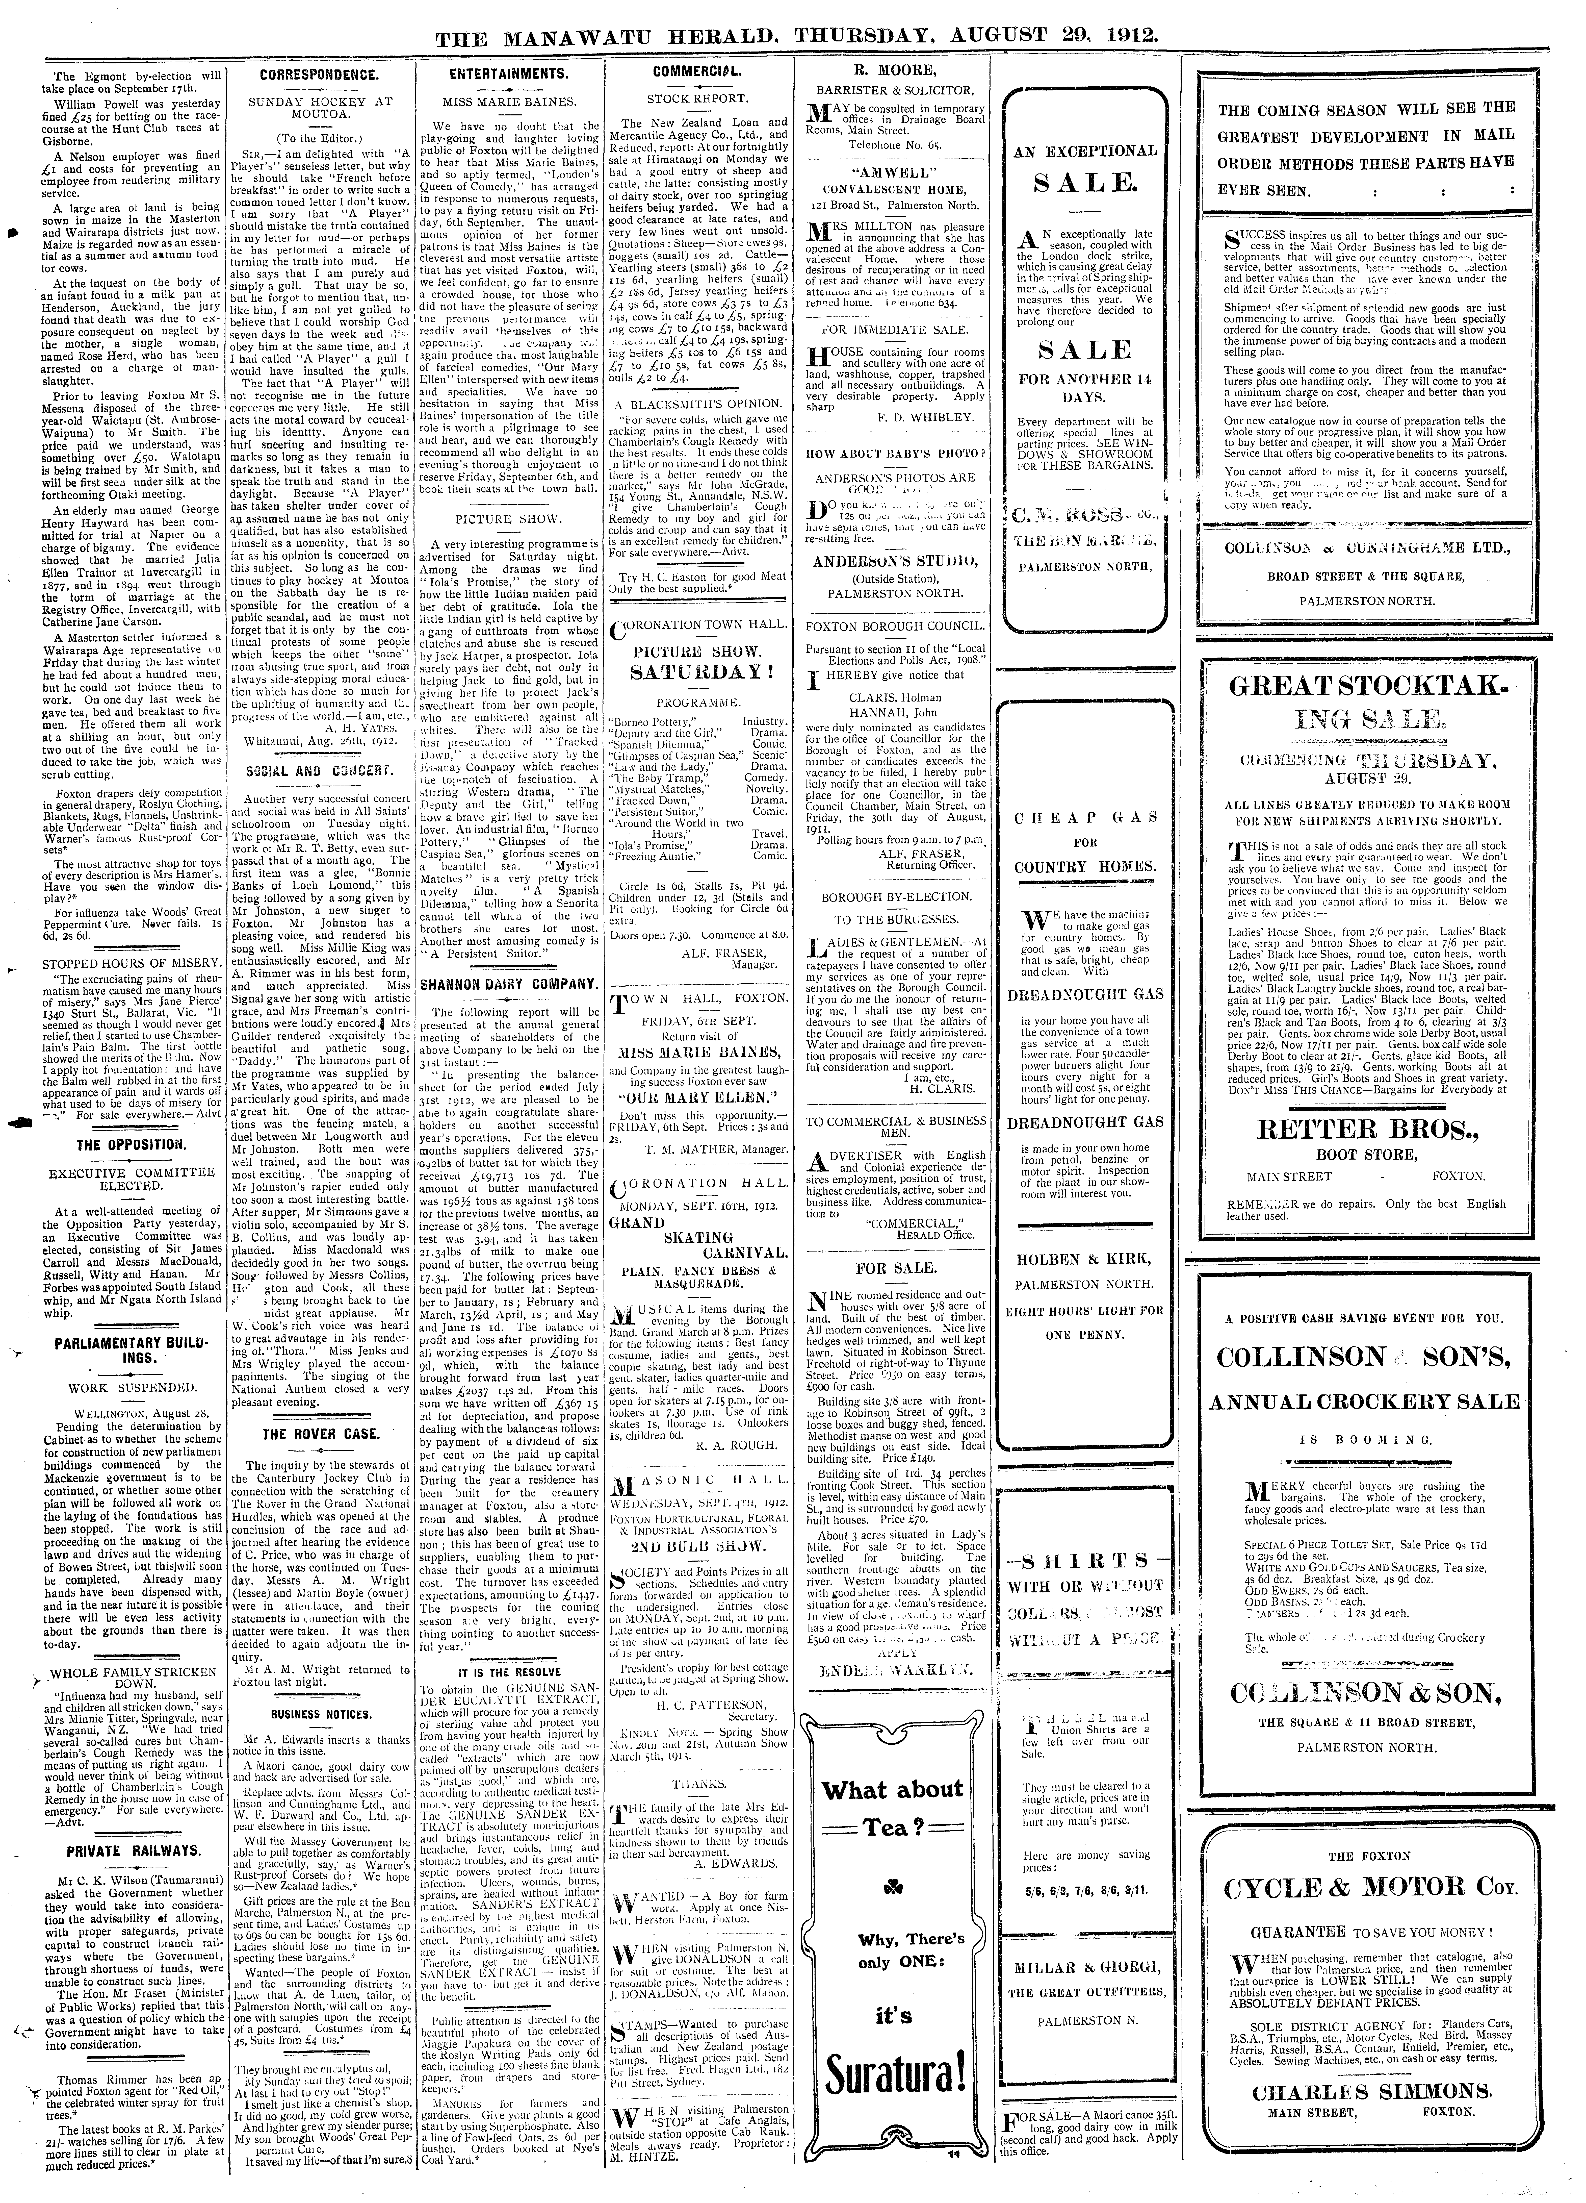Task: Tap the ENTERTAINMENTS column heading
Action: (x=508, y=74)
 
